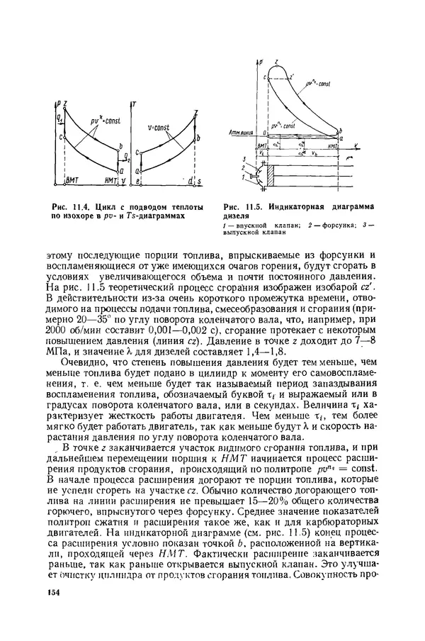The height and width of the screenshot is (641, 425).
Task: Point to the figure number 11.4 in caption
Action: point(74,206)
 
